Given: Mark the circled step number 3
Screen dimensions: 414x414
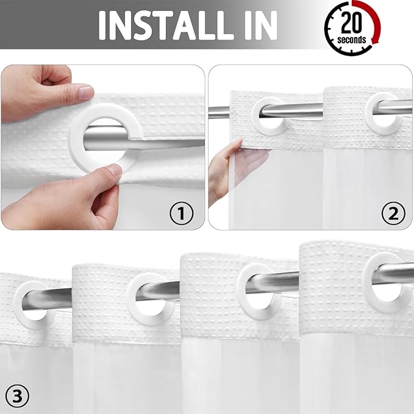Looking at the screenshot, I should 16,396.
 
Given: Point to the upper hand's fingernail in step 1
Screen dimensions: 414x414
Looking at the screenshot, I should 85,93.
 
